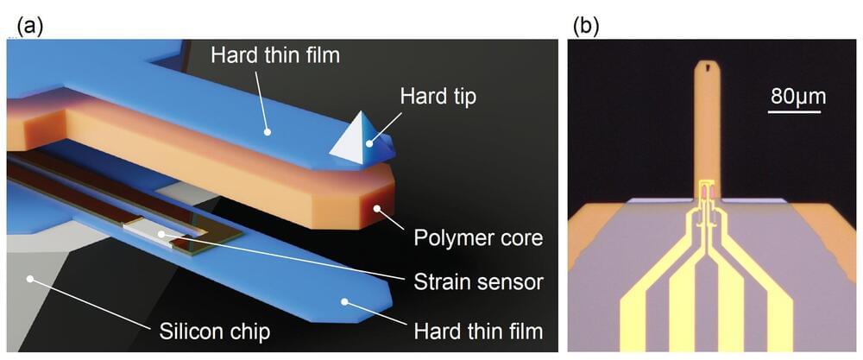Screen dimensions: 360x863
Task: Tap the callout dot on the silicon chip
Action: coord(31,279)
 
